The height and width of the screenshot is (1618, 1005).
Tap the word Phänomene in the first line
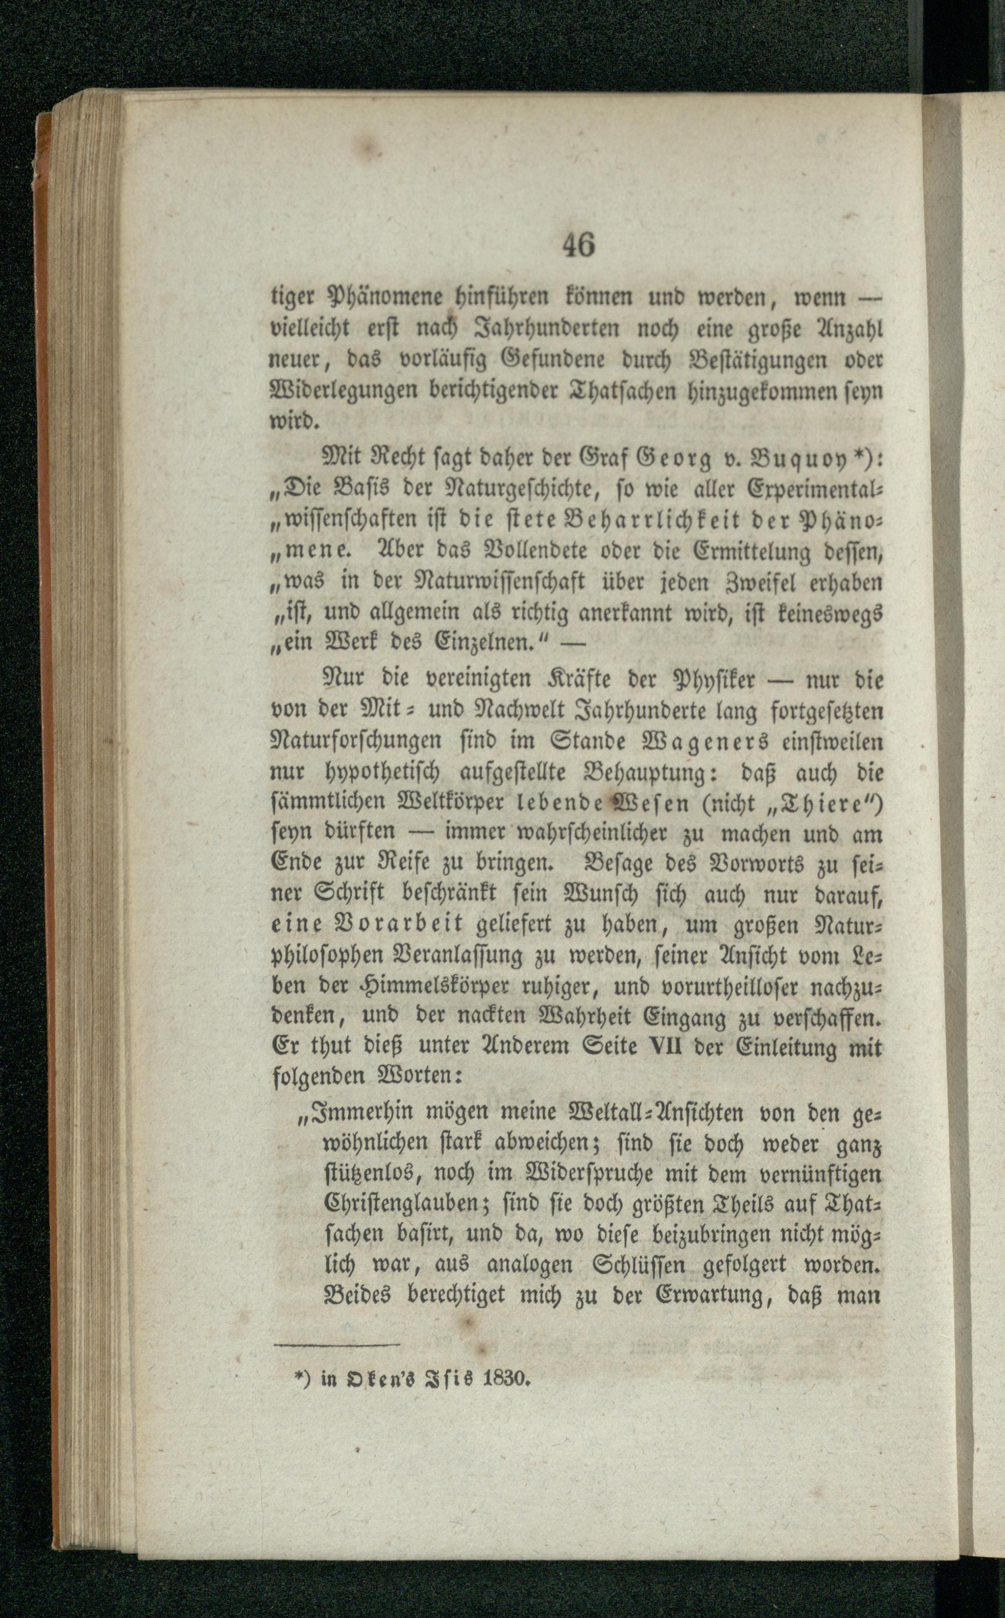coord(375,298)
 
